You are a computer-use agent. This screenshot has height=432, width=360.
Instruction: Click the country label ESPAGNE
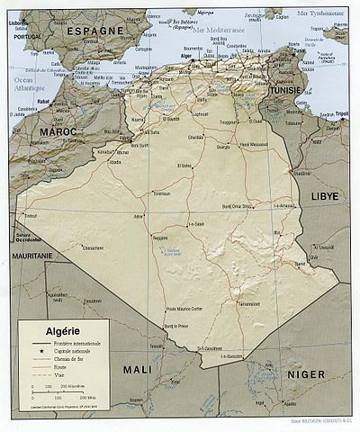(94, 31)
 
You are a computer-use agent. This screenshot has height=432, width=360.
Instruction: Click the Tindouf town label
(31, 216)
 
